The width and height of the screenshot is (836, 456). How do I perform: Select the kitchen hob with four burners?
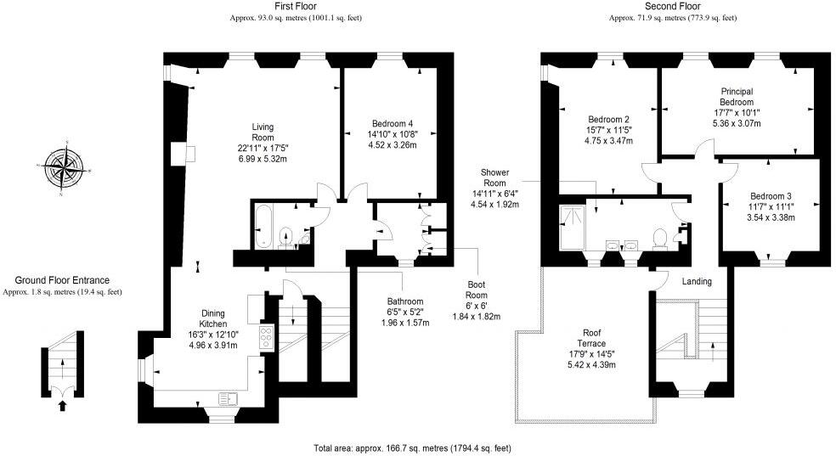click(x=265, y=337)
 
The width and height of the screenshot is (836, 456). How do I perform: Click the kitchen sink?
click(x=227, y=397)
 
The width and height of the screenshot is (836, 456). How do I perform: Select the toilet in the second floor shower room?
click(x=658, y=239)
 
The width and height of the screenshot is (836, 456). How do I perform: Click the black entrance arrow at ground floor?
click(x=61, y=405)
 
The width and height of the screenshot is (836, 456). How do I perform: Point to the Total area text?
click(x=412, y=448)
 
